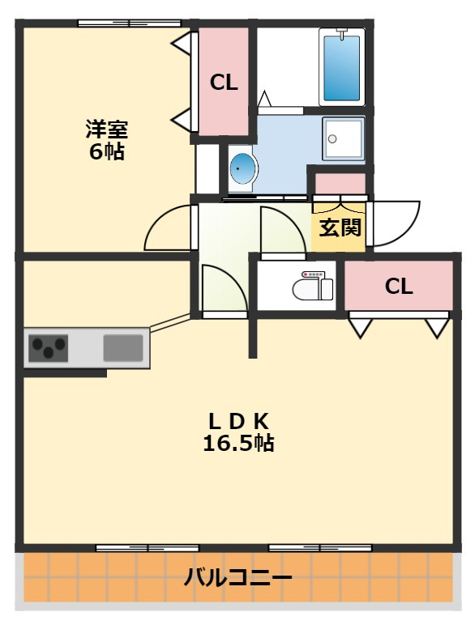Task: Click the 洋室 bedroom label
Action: pyautogui.click(x=106, y=130)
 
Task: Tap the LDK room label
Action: pyautogui.click(x=238, y=421)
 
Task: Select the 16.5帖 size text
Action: pyautogui.click(x=238, y=443)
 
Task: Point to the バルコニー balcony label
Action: pyautogui.click(x=237, y=577)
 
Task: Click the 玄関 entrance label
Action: pyautogui.click(x=340, y=228)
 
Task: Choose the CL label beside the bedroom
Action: pyautogui.click(x=224, y=83)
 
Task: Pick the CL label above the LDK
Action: pyautogui.click(x=398, y=287)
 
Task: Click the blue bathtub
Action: pyautogui.click(x=342, y=68)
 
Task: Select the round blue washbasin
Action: pyautogui.click(x=242, y=168)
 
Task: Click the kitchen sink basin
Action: pyautogui.click(x=123, y=348)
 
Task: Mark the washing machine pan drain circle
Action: pyautogui.click(x=332, y=139)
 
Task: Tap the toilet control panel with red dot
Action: pyautogui.click(x=313, y=274)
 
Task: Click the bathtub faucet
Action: pyautogui.click(x=342, y=33)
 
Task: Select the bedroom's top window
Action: pyautogui.click(x=129, y=23)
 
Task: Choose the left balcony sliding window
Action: pyautogui.click(x=148, y=548)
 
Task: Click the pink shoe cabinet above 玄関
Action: pyautogui.click(x=340, y=184)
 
